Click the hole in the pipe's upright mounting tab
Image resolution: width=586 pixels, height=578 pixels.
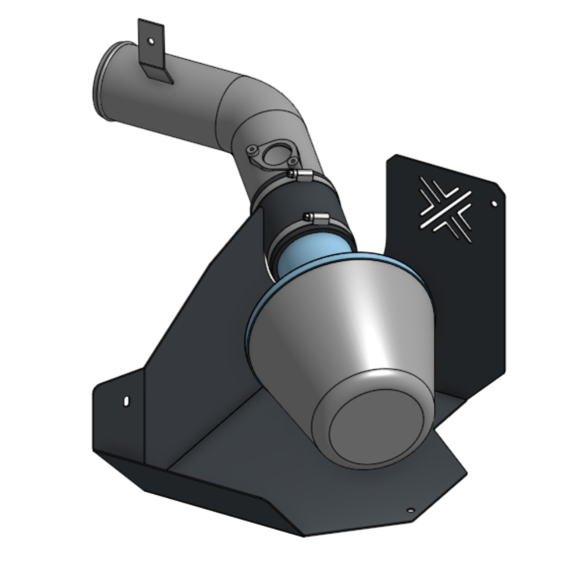coord(151,42)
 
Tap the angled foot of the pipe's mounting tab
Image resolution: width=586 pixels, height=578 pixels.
coord(158,74)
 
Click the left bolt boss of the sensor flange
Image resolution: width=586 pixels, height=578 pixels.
coord(252,150)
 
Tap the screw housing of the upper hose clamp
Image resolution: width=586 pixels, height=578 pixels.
coord(299,174)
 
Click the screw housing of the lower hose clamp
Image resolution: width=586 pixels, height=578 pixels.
coord(316,217)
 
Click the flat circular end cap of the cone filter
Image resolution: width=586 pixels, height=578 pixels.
coord(381,425)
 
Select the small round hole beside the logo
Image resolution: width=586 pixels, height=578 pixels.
coord(494,203)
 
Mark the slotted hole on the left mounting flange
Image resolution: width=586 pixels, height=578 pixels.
coord(127,400)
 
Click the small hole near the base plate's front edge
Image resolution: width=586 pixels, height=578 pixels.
coord(410,510)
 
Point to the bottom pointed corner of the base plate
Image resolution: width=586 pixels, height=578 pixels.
coord(303,535)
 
